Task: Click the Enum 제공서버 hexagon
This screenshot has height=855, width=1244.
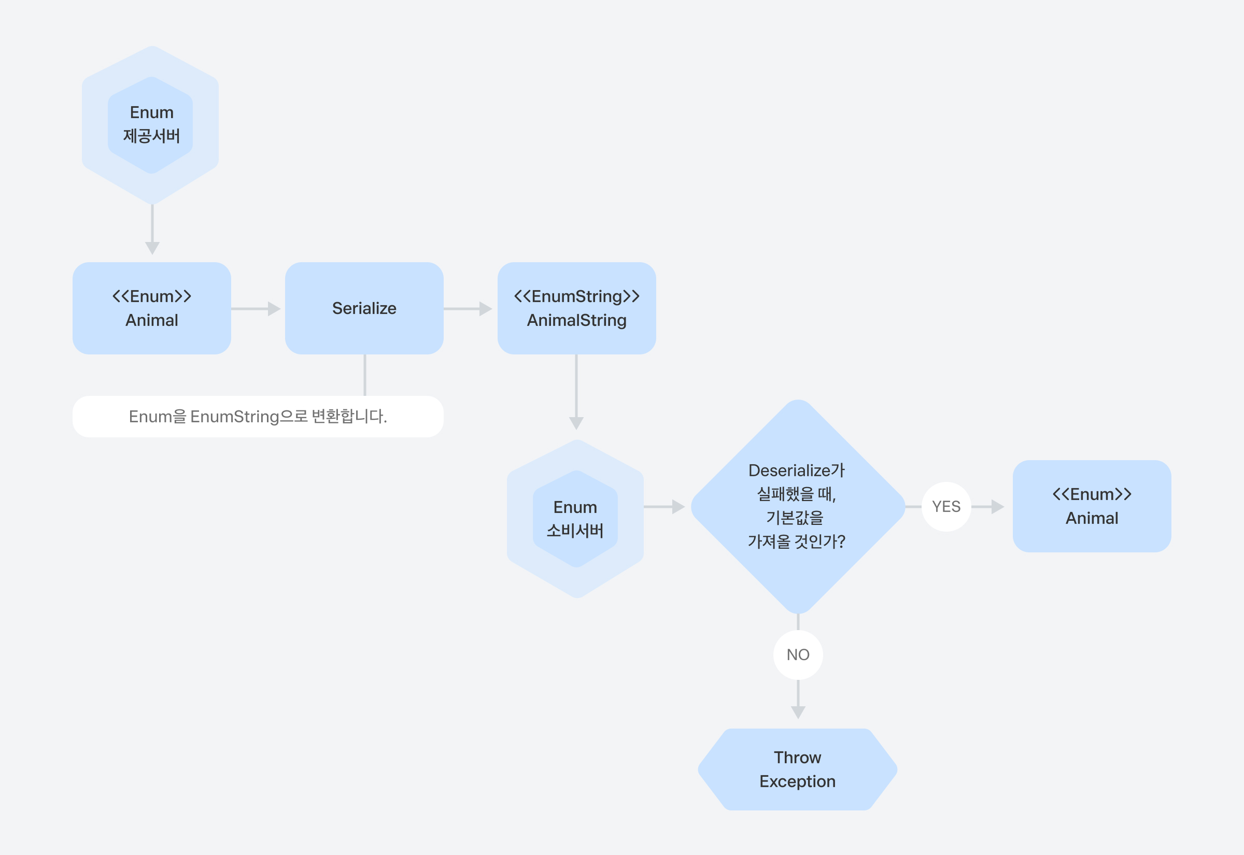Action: pos(152,125)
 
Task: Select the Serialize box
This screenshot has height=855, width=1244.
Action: pos(364,308)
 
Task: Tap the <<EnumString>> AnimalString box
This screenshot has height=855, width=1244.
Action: pos(576,308)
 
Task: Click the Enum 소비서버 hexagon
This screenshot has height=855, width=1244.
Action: pos(575,519)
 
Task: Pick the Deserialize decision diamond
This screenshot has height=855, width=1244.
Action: pos(798,506)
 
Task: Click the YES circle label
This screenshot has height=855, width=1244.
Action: pos(946,506)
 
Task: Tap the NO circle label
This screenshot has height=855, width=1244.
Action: pos(798,654)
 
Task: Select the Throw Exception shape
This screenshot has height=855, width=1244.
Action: pos(798,769)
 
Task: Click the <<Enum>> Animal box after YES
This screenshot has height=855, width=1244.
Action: pos(1092,506)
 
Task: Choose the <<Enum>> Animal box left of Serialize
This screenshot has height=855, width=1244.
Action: pos(152,308)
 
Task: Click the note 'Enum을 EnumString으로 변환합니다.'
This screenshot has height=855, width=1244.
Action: pos(258,416)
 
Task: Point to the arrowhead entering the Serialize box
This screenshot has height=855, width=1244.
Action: pos(274,308)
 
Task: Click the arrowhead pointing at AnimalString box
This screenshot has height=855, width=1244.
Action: pos(486,308)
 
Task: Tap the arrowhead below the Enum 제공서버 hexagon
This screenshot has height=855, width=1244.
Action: pos(152,248)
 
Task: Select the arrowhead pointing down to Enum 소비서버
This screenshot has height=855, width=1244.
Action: pos(576,423)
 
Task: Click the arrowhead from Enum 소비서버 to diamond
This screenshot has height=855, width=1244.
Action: pos(679,506)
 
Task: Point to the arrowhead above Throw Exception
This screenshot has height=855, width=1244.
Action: pos(798,712)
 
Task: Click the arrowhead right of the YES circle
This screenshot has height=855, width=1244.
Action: pos(998,506)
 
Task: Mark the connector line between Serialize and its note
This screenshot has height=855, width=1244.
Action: pos(365,375)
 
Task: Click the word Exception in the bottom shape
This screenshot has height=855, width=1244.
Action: pos(797,781)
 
